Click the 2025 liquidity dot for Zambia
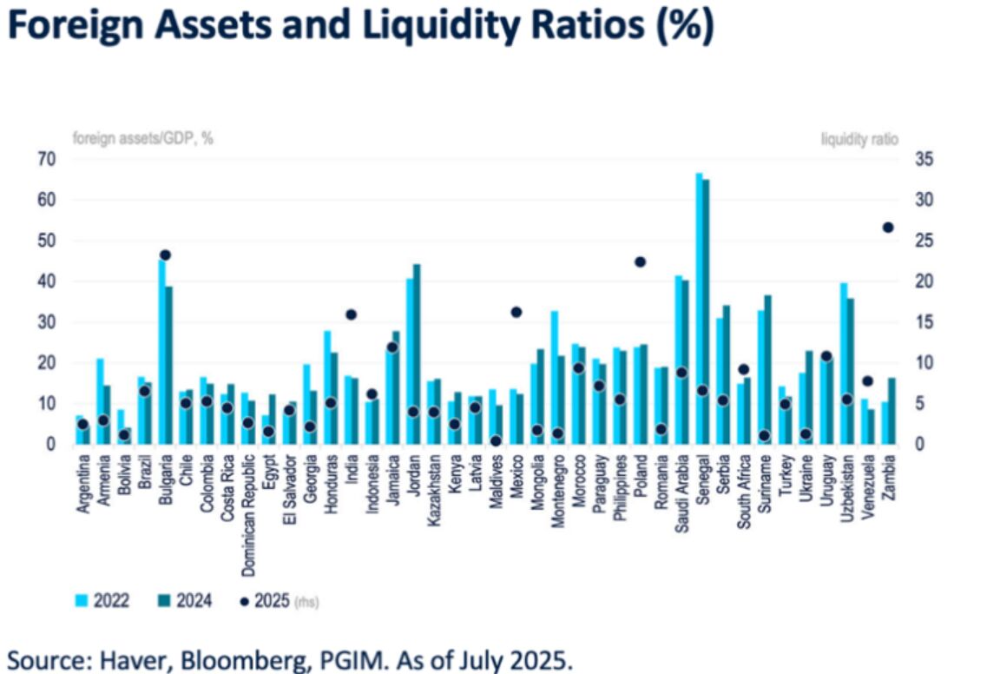(x=888, y=228)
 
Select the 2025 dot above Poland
(x=641, y=261)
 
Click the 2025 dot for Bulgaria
(x=166, y=255)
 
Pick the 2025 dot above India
(x=352, y=314)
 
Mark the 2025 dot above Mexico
(x=516, y=312)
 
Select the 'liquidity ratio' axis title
(x=859, y=137)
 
